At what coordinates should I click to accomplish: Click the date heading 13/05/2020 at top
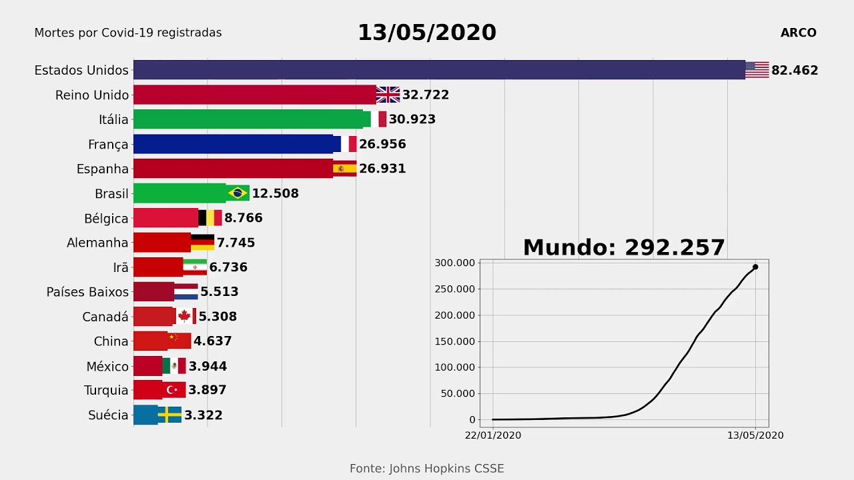(427, 33)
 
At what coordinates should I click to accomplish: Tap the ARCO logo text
(798, 33)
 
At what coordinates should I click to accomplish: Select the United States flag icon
(757, 70)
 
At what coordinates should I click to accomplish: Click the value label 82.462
(795, 70)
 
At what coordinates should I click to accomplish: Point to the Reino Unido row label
(92, 95)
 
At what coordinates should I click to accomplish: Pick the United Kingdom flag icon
(388, 95)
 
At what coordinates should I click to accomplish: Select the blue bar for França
(234, 144)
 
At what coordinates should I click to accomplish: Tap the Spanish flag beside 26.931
(344, 169)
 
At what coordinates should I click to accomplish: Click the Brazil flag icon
(238, 193)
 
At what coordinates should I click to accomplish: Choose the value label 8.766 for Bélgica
(244, 218)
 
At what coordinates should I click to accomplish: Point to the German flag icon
(202, 243)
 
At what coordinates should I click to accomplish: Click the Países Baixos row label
(87, 292)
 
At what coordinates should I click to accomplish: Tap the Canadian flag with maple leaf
(184, 316)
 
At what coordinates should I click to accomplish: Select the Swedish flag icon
(169, 415)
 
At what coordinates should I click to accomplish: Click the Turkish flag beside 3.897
(173, 390)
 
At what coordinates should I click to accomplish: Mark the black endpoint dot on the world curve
(755, 267)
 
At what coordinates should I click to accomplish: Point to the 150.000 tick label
(455, 341)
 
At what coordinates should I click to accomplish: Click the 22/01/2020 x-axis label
(493, 435)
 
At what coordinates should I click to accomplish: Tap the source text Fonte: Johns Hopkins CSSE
(427, 469)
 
